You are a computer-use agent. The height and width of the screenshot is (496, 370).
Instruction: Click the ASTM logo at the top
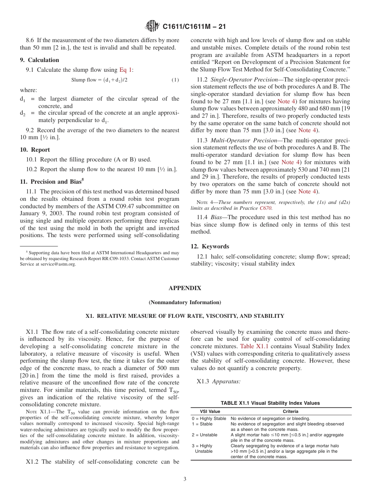pyautogui.click(x=152, y=27)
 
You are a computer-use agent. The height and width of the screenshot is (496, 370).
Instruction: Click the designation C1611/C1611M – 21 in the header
pyautogui.click(x=194, y=27)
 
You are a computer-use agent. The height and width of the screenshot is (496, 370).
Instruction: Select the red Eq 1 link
pyautogui.click(x=126, y=70)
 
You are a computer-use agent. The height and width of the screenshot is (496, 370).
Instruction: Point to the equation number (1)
pyautogui.click(x=175, y=80)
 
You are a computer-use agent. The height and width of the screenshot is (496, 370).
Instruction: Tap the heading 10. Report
pyautogui.click(x=35, y=150)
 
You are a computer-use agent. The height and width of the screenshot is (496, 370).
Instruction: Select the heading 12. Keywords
pyautogui.click(x=210, y=246)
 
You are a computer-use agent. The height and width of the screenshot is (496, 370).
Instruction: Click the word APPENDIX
pyautogui.click(x=185, y=288)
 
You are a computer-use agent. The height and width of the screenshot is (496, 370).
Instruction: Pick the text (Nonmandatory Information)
pyautogui.click(x=185, y=302)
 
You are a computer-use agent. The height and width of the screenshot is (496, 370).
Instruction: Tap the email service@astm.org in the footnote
pyautogui.click(x=58, y=264)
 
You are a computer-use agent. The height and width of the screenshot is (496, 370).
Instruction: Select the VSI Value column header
pyautogui.click(x=210, y=411)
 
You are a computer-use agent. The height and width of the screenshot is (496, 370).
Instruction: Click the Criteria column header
pyautogui.click(x=291, y=411)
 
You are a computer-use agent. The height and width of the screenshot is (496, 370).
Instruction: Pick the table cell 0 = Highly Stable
pyautogui.click(x=209, y=418)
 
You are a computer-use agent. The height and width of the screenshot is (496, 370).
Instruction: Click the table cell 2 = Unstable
pyautogui.click(x=205, y=435)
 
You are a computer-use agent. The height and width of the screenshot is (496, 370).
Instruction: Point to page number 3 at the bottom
pyautogui.click(x=185, y=479)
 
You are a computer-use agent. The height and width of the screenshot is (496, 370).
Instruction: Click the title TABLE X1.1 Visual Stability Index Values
pyautogui.click(x=270, y=403)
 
